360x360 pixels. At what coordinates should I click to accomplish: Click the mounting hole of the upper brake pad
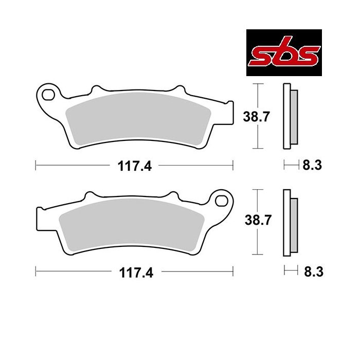click(49, 94)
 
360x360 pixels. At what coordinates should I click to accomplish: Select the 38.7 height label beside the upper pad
click(256, 117)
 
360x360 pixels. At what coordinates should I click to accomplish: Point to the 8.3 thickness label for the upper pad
click(312, 165)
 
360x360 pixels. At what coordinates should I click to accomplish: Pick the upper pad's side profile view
click(290, 116)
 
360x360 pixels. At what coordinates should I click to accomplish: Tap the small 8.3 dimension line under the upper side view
click(291, 165)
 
